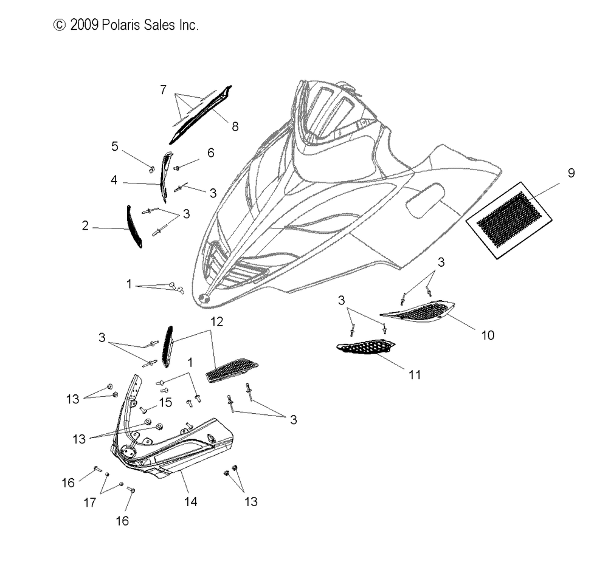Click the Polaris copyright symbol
click(x=60, y=25)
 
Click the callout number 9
click(x=571, y=173)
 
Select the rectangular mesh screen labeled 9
click(x=509, y=220)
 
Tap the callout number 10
click(x=488, y=335)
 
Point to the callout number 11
click(x=415, y=375)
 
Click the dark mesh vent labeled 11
click(x=365, y=346)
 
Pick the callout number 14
click(x=190, y=501)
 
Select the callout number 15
click(x=165, y=402)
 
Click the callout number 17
click(x=89, y=502)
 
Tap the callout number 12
click(x=217, y=321)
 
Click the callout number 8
click(x=235, y=126)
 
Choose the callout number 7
click(x=163, y=90)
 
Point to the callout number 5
click(x=115, y=146)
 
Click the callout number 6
click(x=210, y=152)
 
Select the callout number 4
click(x=114, y=180)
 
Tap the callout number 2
click(x=85, y=225)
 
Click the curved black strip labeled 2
click(x=133, y=227)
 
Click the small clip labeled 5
click(x=152, y=169)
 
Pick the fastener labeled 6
click(x=176, y=168)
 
